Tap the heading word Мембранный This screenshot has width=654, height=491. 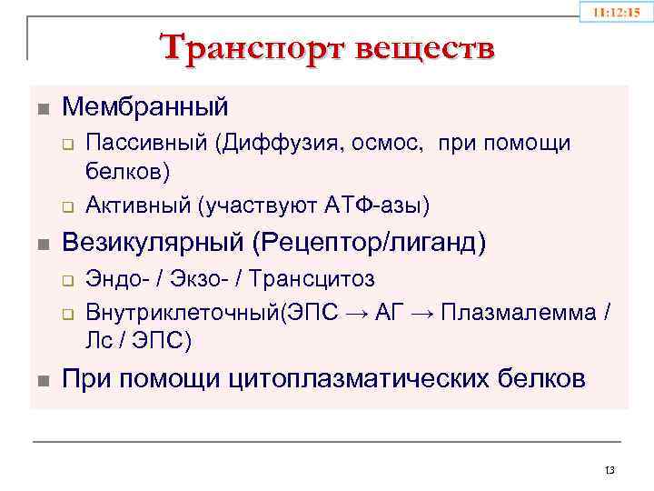coord(145,106)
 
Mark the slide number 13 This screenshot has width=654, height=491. coord(609,470)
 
